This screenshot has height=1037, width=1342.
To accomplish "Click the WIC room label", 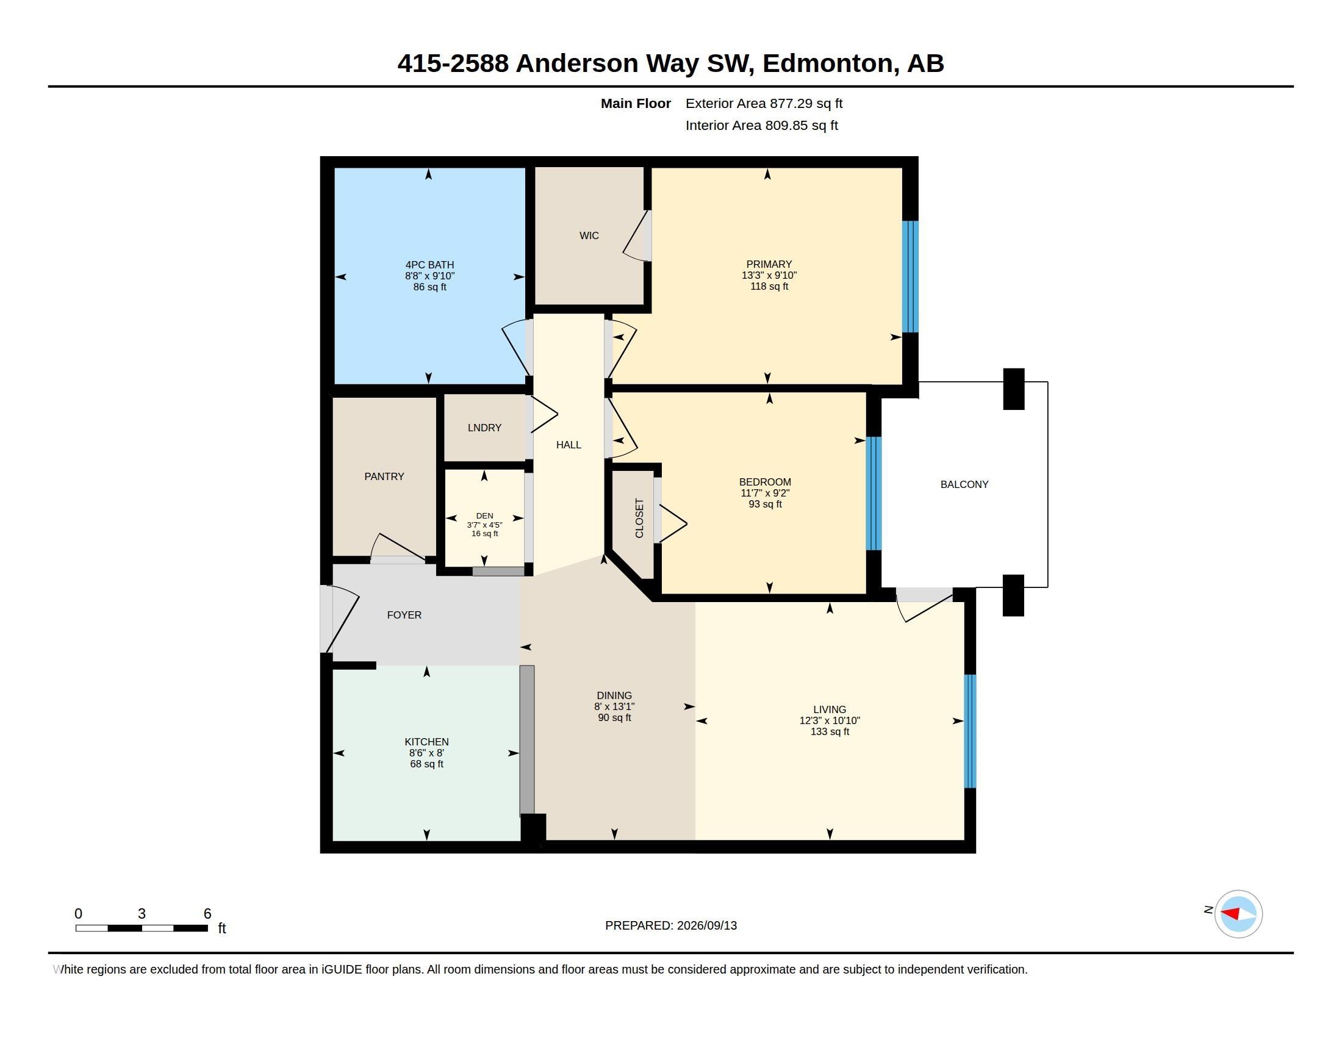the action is click(x=589, y=235).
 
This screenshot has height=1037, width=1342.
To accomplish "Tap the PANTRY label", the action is click(x=384, y=476).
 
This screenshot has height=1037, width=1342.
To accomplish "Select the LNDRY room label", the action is click(x=484, y=428).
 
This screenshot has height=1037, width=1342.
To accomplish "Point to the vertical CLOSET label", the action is click(x=639, y=518).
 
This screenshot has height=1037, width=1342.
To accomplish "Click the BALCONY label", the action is click(x=964, y=484).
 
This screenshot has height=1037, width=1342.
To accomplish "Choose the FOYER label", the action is click(x=404, y=615).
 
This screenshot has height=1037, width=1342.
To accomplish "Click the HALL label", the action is click(x=569, y=445).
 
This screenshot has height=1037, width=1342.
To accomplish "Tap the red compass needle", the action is click(x=1230, y=913).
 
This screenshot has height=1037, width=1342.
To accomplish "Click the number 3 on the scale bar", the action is click(x=142, y=914).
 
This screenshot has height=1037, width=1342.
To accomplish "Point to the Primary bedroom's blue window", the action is click(x=910, y=276).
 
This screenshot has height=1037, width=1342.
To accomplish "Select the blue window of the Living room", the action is click(x=970, y=731).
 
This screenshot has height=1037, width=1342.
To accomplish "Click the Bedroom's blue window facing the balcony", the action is click(x=874, y=493).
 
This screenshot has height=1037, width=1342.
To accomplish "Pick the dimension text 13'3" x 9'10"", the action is click(x=769, y=275).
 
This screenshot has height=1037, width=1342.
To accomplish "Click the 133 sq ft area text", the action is click(x=830, y=731).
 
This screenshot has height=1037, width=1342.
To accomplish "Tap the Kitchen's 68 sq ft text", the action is click(x=426, y=764).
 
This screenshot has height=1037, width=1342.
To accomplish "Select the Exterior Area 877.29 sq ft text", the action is click(x=764, y=103).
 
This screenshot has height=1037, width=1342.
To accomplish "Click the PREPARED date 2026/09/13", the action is click(x=706, y=925).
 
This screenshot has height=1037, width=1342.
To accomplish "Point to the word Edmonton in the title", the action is click(x=828, y=63).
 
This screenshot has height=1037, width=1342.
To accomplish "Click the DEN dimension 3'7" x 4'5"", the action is click(x=484, y=525).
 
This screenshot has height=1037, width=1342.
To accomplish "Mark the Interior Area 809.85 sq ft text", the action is click(x=761, y=125).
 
